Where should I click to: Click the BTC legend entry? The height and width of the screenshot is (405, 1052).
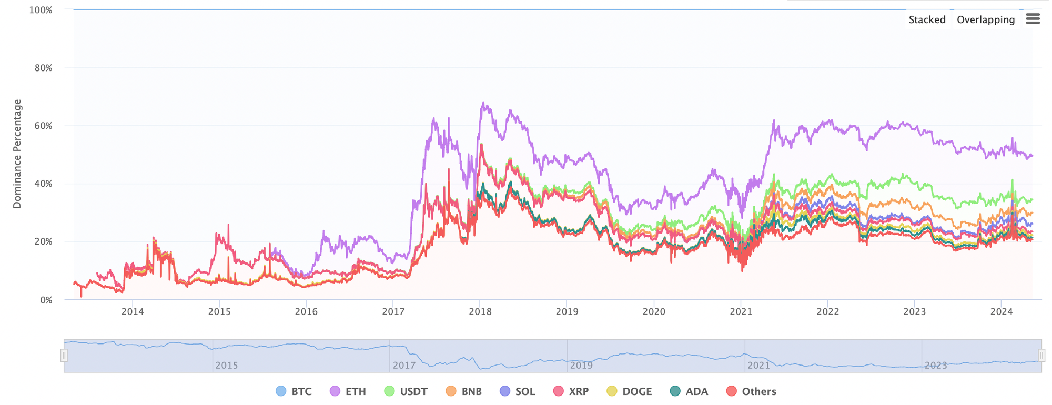pos(294,391)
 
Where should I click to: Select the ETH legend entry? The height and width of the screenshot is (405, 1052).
pos(348,391)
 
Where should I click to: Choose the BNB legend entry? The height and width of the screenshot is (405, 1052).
pos(464,391)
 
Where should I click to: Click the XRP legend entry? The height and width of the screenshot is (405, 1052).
pos(571,391)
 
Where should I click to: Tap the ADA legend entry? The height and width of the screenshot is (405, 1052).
pos(689,391)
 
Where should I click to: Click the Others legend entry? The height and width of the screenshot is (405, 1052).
pos(751,391)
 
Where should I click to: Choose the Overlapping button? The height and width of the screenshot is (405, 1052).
pos(986,19)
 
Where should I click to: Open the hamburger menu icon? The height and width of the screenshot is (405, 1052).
pos(1033,19)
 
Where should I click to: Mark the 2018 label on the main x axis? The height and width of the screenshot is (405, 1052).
pos(480,311)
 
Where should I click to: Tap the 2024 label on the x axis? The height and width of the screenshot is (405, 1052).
pos(1002,311)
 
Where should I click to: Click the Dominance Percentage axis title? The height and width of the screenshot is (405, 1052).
pos(17,154)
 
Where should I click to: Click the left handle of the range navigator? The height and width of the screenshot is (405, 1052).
pos(64,356)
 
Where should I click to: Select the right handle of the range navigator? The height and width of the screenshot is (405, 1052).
pos(1041,356)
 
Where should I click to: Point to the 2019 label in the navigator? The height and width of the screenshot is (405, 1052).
pos(581,365)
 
